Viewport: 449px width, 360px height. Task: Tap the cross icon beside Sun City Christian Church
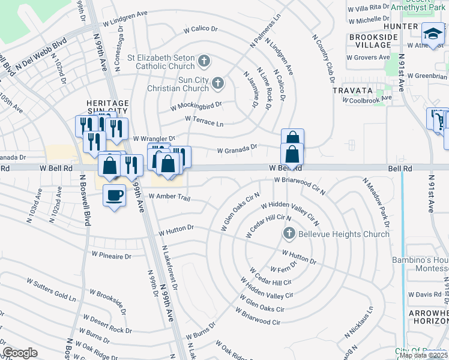(x=218, y=83)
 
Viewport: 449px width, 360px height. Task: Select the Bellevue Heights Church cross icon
(x=289, y=233)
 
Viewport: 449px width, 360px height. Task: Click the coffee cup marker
(x=114, y=194)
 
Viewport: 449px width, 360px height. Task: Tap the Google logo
(x=20, y=353)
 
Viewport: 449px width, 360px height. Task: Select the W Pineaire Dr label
(x=111, y=255)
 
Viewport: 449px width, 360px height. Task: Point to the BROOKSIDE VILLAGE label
(x=373, y=41)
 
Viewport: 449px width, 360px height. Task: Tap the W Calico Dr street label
(x=200, y=29)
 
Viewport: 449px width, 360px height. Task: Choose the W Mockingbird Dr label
(x=196, y=106)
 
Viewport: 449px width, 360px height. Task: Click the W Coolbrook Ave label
(x=367, y=98)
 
